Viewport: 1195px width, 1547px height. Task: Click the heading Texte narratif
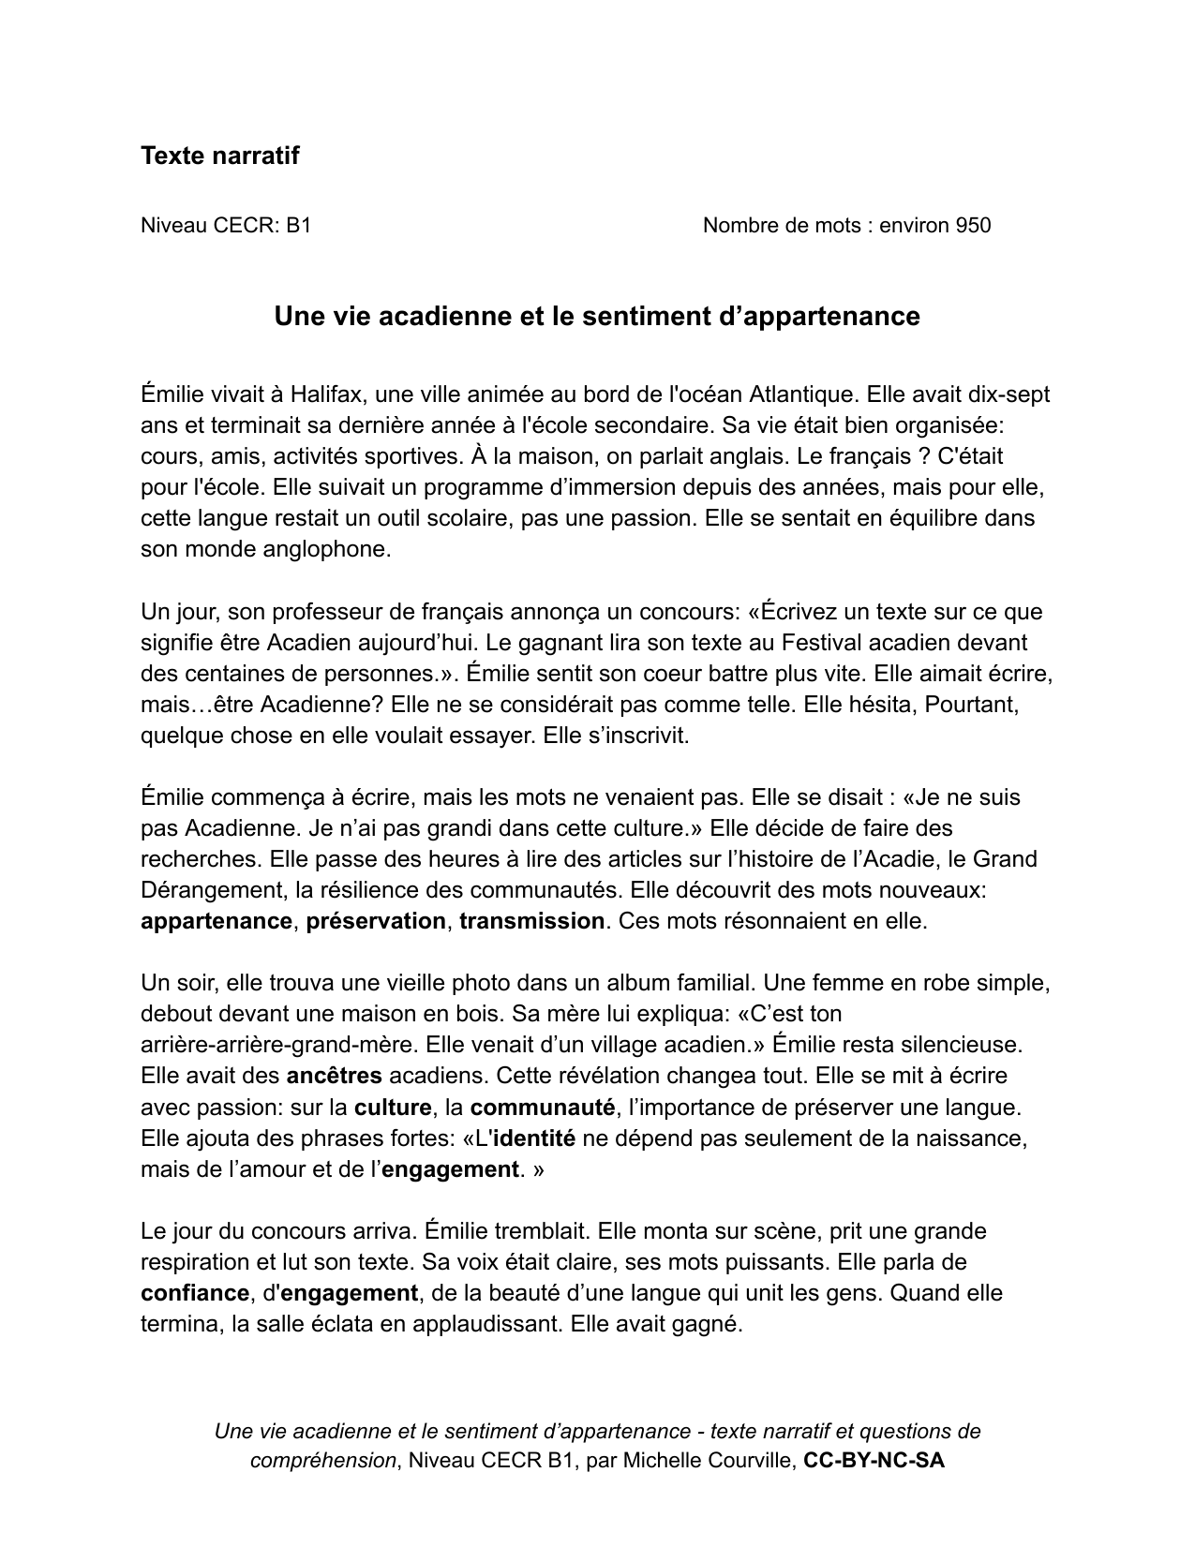click(219, 156)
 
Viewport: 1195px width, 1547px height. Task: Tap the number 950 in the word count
click(973, 225)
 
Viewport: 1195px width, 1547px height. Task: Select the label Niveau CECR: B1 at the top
click(226, 225)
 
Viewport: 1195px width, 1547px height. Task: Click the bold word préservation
click(376, 921)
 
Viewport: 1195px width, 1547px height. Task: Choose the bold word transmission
click(531, 921)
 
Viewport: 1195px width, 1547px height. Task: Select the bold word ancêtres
click(334, 1076)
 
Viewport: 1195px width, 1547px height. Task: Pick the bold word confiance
click(194, 1293)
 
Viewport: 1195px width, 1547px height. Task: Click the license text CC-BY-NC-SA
click(874, 1460)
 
